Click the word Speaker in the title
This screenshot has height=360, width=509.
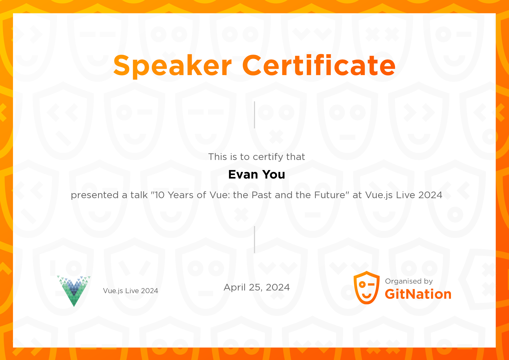pos(173,66)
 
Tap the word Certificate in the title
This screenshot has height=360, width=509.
pos(319,65)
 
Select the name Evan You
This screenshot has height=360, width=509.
pos(257,175)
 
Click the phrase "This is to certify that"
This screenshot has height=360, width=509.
pos(257,157)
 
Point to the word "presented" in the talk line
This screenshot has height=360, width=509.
pos(95,195)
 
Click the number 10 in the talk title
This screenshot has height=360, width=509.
pos(160,195)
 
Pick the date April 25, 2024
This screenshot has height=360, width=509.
pos(257,287)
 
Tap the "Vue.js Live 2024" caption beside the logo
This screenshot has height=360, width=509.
pos(130,291)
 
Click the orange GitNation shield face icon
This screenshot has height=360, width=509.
pos(367,288)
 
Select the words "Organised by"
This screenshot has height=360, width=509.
pos(409,281)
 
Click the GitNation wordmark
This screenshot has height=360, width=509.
pos(418,294)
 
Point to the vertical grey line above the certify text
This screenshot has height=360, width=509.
pos(254,115)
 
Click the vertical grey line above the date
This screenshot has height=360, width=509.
pos(254,240)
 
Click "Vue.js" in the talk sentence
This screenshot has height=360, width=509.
pos(379,195)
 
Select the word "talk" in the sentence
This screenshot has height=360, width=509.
pos(139,195)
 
